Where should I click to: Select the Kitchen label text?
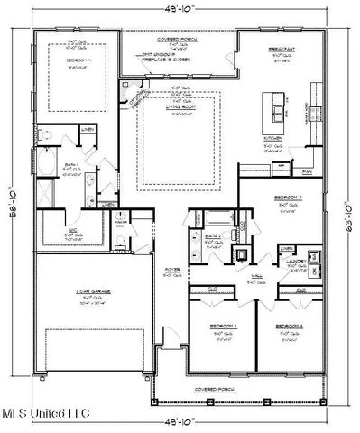[x=273, y=138]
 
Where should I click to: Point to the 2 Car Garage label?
[x=92, y=292]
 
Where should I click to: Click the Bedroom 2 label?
[x=224, y=324]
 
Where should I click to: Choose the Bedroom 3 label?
[x=289, y=324]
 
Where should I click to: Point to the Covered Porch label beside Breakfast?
[x=178, y=41]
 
